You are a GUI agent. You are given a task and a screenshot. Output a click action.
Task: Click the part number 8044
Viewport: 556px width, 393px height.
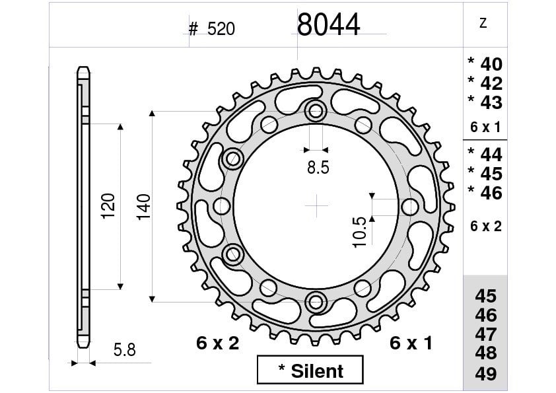(x=328, y=24)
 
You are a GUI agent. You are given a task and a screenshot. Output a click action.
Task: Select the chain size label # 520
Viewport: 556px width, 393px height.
(x=212, y=29)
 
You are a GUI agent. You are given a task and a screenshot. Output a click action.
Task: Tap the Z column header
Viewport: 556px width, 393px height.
(x=483, y=23)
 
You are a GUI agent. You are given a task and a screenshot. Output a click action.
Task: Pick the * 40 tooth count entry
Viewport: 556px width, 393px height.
(x=485, y=64)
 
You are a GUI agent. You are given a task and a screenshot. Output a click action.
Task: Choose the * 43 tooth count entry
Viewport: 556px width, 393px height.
(x=485, y=102)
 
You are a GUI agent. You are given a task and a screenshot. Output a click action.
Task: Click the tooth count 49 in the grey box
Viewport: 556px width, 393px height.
(x=486, y=373)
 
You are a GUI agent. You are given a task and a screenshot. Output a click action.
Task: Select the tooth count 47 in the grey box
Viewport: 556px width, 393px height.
(x=486, y=334)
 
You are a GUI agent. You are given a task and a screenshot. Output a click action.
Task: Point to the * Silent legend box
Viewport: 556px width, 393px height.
(x=310, y=370)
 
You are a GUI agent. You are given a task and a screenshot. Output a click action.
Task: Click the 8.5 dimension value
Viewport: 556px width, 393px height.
(x=318, y=167)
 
